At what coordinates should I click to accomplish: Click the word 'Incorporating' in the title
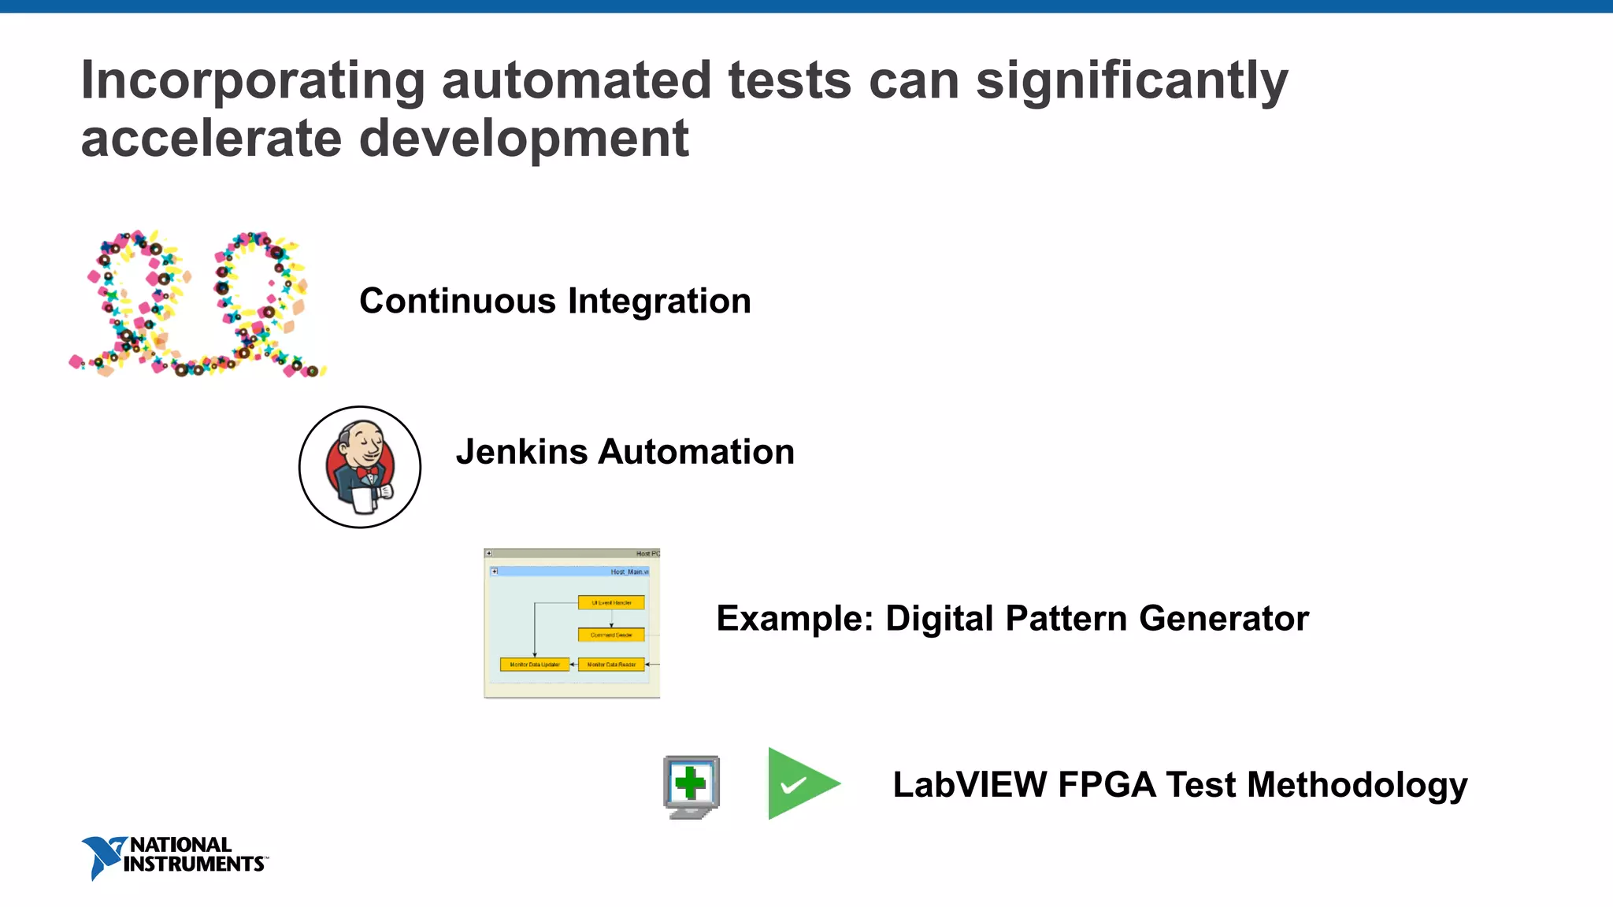point(252,82)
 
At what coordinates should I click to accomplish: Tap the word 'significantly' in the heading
point(1132,82)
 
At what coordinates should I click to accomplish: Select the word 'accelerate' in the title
point(211,139)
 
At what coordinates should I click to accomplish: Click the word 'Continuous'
point(458,301)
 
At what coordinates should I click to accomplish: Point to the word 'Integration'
point(659,301)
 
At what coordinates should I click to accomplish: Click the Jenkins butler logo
point(360,467)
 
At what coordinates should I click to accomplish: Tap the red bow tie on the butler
point(367,472)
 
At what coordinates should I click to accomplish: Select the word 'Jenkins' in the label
point(521,452)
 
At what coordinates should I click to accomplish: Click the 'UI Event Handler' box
point(611,603)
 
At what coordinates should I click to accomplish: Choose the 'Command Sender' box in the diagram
point(611,635)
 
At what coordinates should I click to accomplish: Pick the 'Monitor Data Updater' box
point(535,665)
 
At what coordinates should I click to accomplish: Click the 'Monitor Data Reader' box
point(611,665)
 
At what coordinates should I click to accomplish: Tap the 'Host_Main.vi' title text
point(629,572)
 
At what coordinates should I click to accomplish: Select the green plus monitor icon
point(692,787)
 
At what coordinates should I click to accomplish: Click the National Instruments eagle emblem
point(102,857)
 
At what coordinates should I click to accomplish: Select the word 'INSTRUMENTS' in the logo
point(194,864)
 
